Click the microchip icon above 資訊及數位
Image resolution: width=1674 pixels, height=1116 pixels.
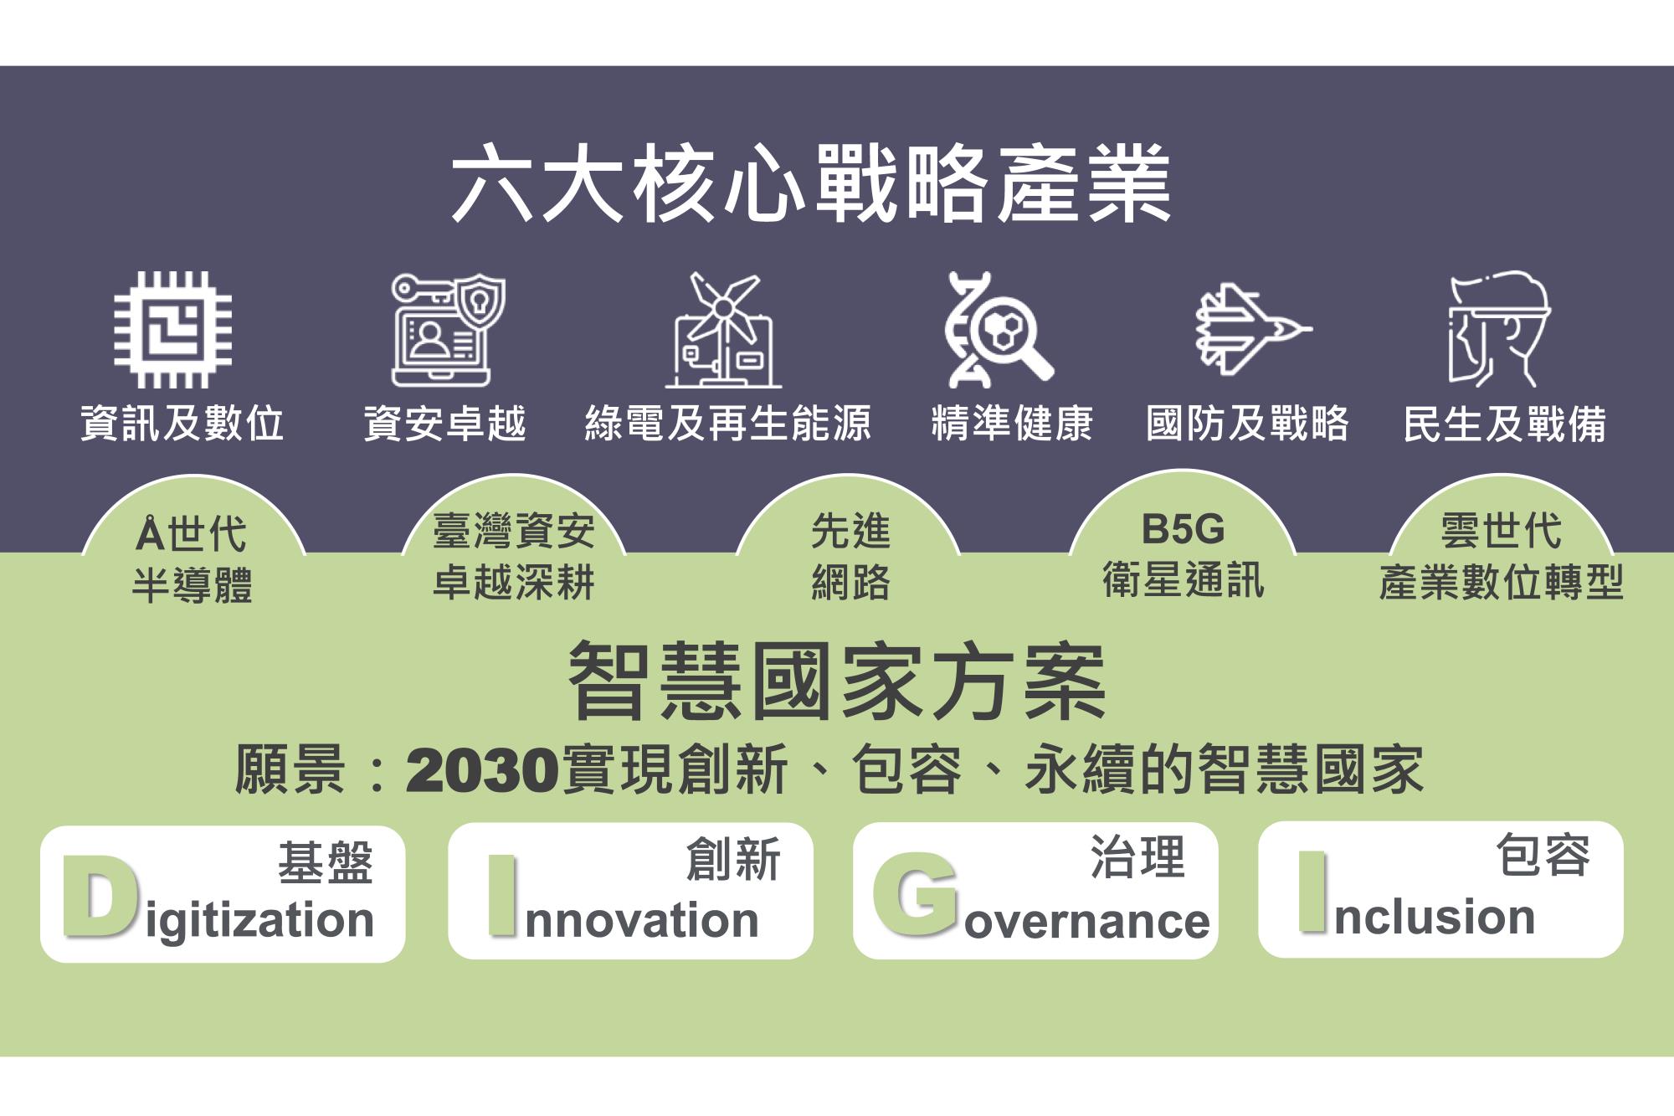173,329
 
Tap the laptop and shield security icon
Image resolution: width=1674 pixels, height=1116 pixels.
448,330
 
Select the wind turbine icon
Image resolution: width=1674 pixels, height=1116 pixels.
723,330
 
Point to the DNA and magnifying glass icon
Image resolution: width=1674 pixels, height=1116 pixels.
999,329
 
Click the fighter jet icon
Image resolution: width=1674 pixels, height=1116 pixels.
1253,329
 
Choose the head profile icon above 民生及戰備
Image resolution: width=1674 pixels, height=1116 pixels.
1499,329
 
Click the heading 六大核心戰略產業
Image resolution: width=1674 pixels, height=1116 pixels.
811,183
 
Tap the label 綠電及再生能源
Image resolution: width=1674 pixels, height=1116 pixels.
728,423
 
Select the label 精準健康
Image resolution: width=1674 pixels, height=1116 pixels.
1012,423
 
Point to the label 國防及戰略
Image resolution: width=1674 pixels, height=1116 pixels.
1247,423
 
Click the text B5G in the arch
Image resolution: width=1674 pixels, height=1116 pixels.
1183,529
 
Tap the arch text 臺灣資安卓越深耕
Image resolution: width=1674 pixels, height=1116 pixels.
514,556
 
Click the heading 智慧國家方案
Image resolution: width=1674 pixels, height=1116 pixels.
837,681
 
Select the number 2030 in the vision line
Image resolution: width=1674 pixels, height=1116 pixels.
482,770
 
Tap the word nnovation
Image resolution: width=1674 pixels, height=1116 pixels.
642,920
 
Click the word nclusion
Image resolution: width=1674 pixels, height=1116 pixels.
1435,916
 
